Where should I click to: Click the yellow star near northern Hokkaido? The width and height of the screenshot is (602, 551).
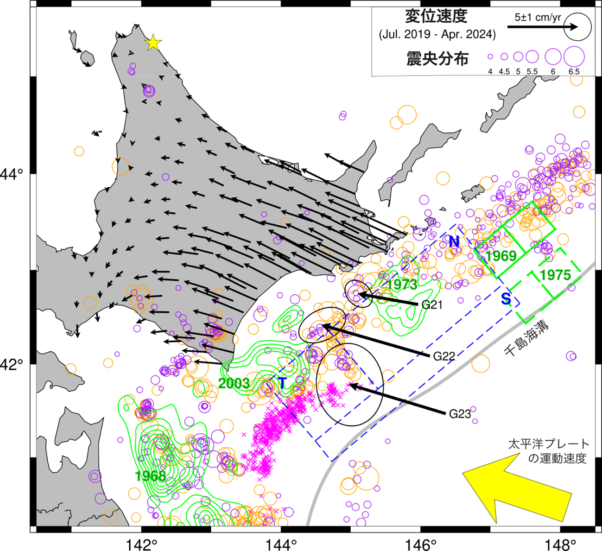[x=153, y=43]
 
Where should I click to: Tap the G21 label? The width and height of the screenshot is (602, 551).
[x=432, y=305]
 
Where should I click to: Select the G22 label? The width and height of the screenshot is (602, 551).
[x=444, y=356]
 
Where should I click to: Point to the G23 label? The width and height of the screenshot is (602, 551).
[x=460, y=414]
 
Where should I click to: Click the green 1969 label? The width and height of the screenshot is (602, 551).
[x=501, y=256]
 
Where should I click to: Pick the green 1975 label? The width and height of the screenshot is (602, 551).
[x=555, y=275]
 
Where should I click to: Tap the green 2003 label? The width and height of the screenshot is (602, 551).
[x=234, y=383]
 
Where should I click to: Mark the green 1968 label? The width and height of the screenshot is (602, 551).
[x=150, y=476]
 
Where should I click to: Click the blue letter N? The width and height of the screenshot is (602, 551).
[x=454, y=241]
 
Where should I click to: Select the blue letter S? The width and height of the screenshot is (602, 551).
[x=506, y=299]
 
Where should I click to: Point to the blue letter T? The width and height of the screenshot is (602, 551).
[x=282, y=383]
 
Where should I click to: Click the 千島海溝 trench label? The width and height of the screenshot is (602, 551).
[x=526, y=338]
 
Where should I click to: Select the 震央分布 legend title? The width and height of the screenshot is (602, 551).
[x=437, y=59]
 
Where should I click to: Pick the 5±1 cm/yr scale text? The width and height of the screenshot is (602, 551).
[x=538, y=18]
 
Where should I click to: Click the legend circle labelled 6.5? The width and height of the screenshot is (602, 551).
[x=574, y=57]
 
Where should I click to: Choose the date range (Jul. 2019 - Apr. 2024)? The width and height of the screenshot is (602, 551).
[x=437, y=34]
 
